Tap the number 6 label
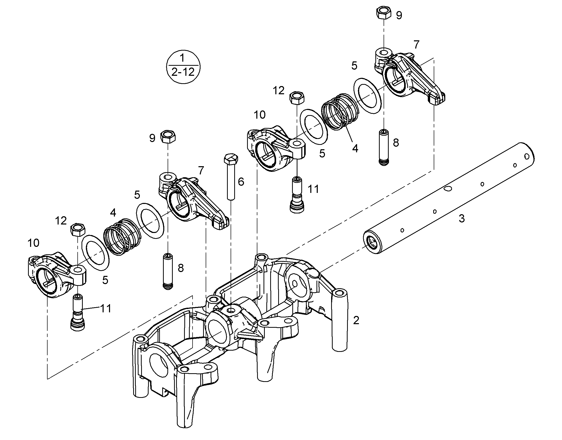pyautogui.click(x=241, y=182)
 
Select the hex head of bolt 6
pyautogui.click(x=231, y=160)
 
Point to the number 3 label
pyautogui.click(x=462, y=218)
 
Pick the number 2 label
pyautogui.click(x=356, y=321)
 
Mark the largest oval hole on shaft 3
pyautogui.click(x=449, y=189)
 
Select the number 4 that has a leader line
pyautogui.click(x=355, y=148)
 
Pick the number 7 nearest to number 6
pyautogui.click(x=201, y=170)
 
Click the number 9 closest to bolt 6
pyautogui.click(x=152, y=138)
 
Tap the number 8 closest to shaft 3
pyautogui.click(x=396, y=143)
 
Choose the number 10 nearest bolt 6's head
pyautogui.click(x=260, y=115)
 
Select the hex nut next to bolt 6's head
pyautogui.click(x=168, y=137)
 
